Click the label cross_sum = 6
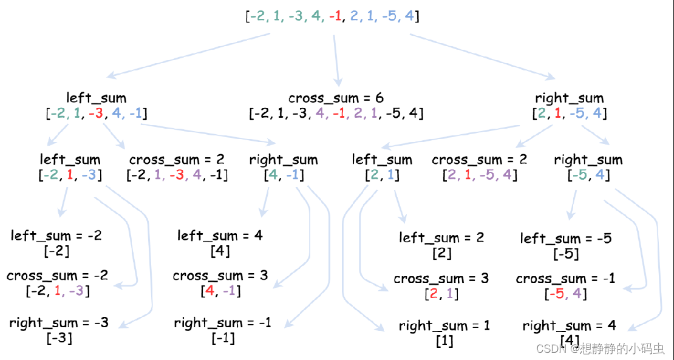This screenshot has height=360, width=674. (336, 98)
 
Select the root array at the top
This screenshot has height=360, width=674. (333, 16)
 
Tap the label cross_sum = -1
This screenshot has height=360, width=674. (565, 279)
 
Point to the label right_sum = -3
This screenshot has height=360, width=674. (59, 323)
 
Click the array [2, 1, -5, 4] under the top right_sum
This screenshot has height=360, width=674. (569, 114)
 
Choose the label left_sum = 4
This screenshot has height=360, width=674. (220, 236)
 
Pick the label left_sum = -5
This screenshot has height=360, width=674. (566, 239)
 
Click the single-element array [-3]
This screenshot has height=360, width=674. (59, 338)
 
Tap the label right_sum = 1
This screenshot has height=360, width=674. (444, 326)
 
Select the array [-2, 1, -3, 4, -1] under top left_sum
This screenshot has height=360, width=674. (97, 114)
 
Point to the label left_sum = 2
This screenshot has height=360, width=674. (441, 237)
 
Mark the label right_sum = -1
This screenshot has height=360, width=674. (222, 323)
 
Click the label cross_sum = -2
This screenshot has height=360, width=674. (58, 276)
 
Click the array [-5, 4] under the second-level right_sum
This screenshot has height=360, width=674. (588, 175)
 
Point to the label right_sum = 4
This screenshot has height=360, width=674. (569, 327)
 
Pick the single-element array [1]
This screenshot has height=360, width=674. (444, 341)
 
